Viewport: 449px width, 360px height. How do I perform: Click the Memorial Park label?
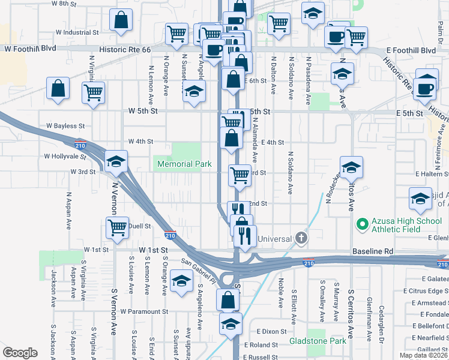tap(185, 164)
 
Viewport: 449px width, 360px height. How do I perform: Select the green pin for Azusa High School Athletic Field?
tap(362, 225)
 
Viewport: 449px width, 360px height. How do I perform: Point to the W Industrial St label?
tap(77, 32)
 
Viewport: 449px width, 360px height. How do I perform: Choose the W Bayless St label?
tap(65, 126)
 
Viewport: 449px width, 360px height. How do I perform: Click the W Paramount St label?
tap(144, 312)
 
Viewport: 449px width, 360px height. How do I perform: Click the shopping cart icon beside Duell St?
tap(117, 227)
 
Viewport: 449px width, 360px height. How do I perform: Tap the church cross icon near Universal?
tap(301, 238)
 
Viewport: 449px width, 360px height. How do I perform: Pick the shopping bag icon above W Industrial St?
tap(121, 20)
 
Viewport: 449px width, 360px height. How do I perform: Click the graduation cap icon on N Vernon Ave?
tap(116, 161)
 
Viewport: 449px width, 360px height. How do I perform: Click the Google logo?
tap(20, 352)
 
